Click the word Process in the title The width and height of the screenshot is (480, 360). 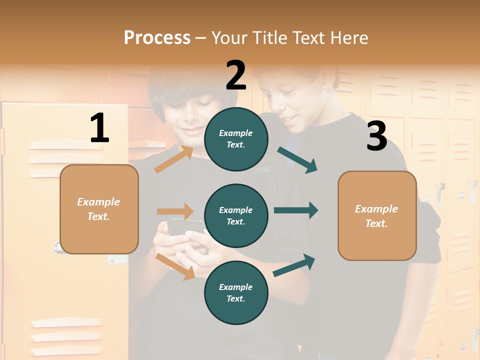[157, 37]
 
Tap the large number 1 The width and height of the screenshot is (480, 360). [99, 128]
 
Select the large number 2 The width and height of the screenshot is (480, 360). [236, 75]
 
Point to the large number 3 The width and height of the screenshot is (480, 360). [376, 136]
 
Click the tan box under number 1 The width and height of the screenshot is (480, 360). [99, 209]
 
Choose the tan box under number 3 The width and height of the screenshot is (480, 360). [377, 216]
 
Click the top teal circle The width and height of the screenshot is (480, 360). [236, 139]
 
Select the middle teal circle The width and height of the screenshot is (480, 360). [236, 215]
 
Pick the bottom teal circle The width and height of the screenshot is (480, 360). [236, 292]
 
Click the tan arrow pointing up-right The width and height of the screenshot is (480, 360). [173, 159]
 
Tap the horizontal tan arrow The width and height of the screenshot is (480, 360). [175, 211]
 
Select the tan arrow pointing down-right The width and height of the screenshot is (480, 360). [175, 266]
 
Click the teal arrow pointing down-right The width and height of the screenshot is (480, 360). [297, 160]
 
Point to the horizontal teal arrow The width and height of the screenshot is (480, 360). [295, 210]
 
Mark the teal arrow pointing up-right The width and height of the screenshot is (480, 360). [294, 265]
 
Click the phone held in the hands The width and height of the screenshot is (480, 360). [184, 226]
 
